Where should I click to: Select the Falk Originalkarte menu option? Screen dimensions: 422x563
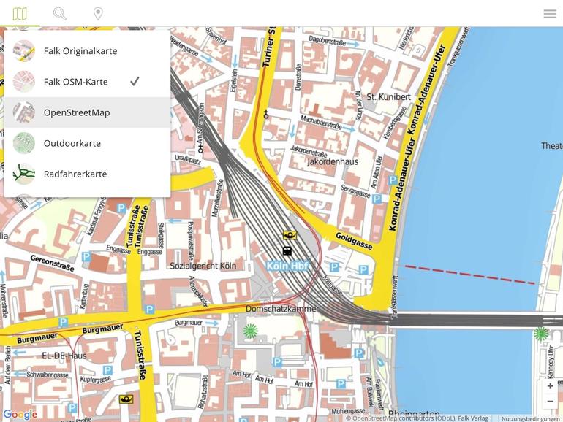[x=80, y=51]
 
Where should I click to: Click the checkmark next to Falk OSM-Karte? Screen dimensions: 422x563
[x=135, y=82]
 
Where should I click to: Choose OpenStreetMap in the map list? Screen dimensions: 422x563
[x=77, y=112]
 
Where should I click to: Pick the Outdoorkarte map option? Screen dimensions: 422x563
[x=72, y=143]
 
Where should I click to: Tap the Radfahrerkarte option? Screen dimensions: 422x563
[x=75, y=174]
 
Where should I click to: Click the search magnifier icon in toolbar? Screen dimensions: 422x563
[x=60, y=14]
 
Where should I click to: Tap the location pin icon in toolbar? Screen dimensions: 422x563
[x=98, y=14]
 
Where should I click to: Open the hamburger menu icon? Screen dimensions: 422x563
[x=550, y=14]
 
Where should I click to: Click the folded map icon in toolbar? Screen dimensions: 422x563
[x=20, y=14]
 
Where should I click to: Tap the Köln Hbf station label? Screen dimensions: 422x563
[x=287, y=266]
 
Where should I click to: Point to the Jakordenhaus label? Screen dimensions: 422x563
[x=333, y=161]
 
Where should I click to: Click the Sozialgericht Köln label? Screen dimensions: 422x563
[x=203, y=266]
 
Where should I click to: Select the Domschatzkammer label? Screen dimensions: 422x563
[x=281, y=309]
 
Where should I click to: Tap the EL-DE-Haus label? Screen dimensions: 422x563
[x=64, y=356]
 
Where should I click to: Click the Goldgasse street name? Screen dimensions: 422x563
[x=354, y=241]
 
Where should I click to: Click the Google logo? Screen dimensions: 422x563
[x=20, y=415]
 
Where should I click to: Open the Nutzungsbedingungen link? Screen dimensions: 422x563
[x=531, y=418]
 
